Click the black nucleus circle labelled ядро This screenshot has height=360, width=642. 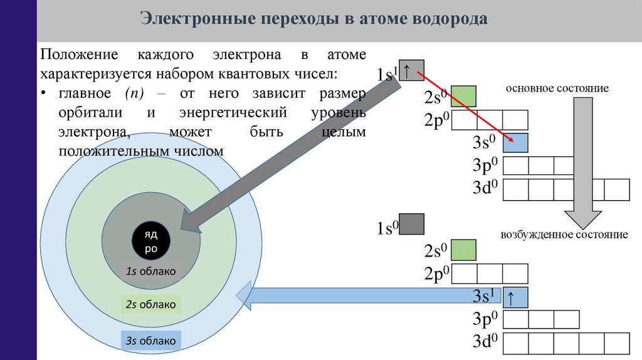coord(151,241)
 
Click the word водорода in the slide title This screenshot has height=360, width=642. coord(449,19)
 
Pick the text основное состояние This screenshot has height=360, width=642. coord(558,88)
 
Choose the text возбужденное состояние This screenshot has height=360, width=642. coord(564,235)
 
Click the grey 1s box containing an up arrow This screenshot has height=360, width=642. coord(412,71)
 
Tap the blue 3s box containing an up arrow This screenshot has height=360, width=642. coord(516,297)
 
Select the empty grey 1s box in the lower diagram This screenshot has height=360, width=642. coord(412,224)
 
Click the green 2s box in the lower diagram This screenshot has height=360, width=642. coord(464,250)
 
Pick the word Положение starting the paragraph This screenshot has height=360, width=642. coord(77,55)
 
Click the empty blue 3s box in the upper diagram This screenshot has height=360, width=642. coord(516,143)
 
